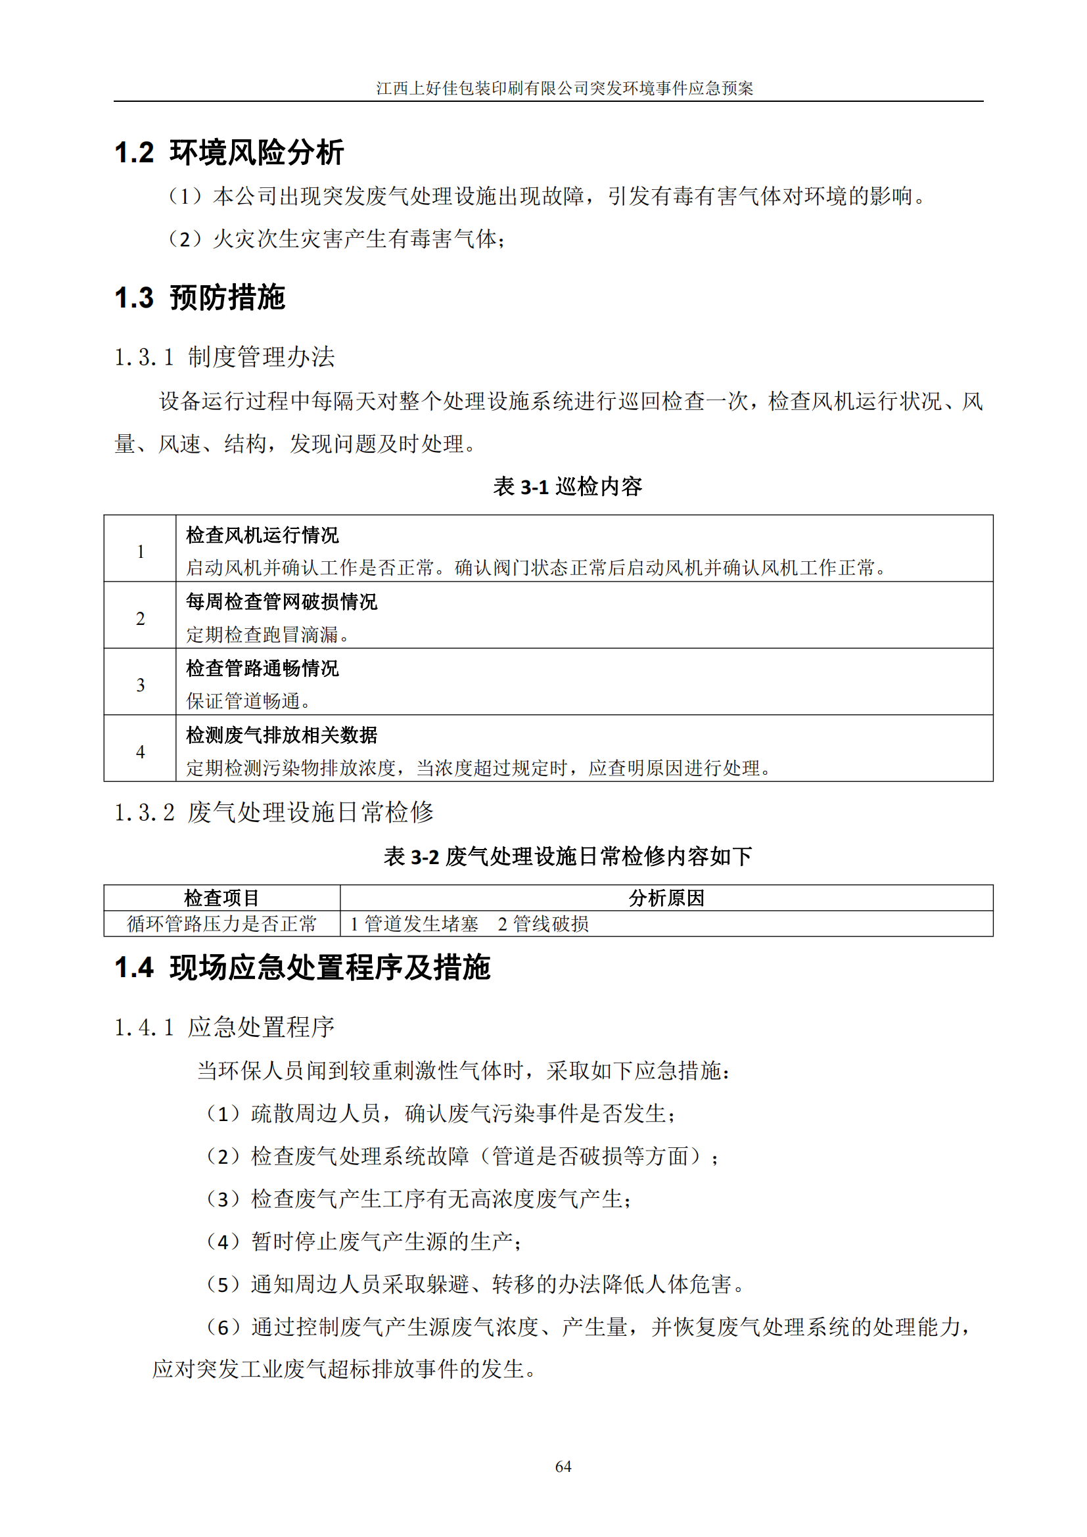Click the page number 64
(563, 1466)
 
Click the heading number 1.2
(135, 152)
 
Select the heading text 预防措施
(227, 298)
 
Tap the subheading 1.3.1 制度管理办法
(224, 357)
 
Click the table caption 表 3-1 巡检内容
(567, 486)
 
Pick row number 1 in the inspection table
(141, 551)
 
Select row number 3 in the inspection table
(141, 684)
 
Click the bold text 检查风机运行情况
(262, 535)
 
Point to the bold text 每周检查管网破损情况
(281, 601)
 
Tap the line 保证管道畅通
(248, 701)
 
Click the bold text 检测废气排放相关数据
(281, 735)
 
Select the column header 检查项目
(221, 898)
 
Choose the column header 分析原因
(666, 898)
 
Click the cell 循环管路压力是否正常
(221, 924)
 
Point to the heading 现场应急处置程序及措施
(330, 967)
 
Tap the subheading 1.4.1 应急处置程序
(224, 1027)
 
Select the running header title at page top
(565, 88)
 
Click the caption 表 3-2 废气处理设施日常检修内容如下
(567, 856)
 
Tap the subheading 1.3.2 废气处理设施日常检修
(274, 812)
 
